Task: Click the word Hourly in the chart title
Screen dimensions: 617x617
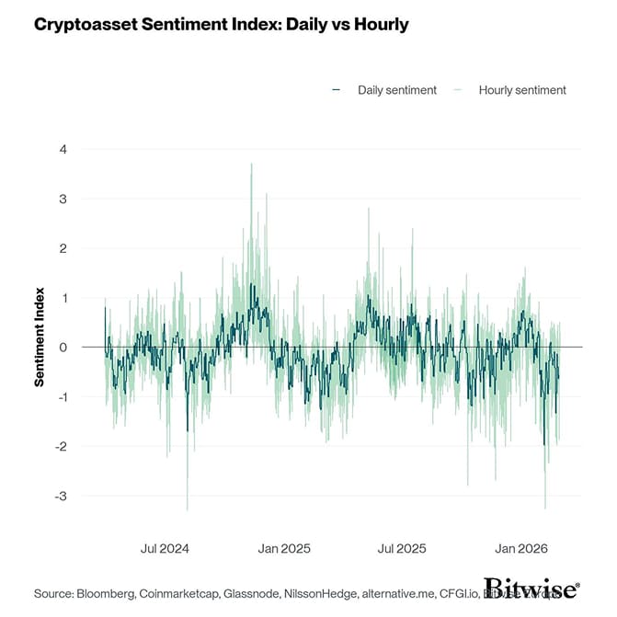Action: point(377,24)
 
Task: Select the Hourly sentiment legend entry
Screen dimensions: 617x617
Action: point(521,90)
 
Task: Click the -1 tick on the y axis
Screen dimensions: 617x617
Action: point(62,397)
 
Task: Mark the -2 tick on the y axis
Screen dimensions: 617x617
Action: point(62,447)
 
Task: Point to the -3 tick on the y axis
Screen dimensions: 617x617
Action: point(62,497)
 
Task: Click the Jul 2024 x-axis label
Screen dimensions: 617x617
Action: point(165,549)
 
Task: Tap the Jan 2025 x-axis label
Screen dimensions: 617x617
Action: point(285,549)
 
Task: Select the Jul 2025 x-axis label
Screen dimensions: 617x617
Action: point(402,549)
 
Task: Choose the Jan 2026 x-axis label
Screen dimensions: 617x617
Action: point(521,549)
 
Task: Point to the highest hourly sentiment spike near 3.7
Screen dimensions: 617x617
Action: point(251,166)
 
